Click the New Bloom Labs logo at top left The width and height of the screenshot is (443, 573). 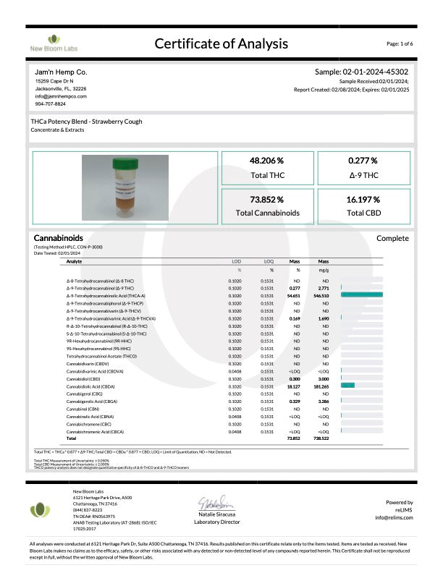point(54,43)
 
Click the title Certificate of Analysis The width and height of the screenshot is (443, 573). point(221,43)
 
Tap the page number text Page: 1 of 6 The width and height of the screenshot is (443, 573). point(400,43)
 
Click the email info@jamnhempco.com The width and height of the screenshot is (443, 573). point(60,96)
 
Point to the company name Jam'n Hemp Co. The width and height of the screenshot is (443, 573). point(61,73)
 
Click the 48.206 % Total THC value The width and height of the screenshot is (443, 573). point(266,160)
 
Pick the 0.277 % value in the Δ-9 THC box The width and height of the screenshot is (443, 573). point(363,160)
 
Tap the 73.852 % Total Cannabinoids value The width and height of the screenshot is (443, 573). point(266,199)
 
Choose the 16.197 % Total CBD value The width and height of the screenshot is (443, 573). point(363,199)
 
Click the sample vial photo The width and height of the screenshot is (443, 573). point(125,187)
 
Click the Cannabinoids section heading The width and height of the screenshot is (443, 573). point(59,238)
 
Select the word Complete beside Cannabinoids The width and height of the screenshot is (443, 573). point(392,238)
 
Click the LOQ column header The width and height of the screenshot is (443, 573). point(269,261)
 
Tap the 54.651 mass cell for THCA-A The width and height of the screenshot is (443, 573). point(294,296)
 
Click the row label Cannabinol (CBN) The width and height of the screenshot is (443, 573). point(83,409)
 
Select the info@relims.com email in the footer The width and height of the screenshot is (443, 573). point(394,517)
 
